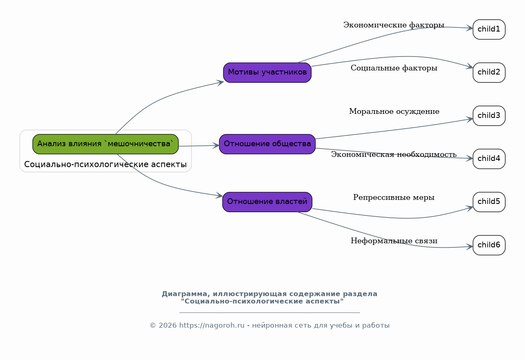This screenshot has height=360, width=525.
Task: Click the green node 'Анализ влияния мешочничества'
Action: pyautogui.click(x=106, y=144)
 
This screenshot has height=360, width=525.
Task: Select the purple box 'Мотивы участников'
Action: pyautogui.click(x=267, y=72)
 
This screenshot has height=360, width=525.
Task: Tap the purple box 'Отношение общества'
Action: pyautogui.click(x=267, y=144)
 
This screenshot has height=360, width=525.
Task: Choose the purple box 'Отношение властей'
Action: pyautogui.click(x=267, y=202)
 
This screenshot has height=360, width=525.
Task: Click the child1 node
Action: pyautogui.click(x=489, y=29)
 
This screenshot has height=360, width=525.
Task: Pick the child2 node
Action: pyautogui.click(x=489, y=72)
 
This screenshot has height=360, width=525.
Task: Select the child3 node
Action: pyautogui.click(x=489, y=115)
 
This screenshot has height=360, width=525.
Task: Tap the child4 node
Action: pyautogui.click(x=489, y=159)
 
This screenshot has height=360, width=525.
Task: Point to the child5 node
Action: pyautogui.click(x=489, y=202)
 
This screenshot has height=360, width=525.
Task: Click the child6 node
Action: pyautogui.click(x=489, y=245)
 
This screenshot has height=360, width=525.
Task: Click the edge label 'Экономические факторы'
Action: pyautogui.click(x=394, y=25)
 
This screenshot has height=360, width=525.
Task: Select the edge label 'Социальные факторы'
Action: pyautogui.click(x=394, y=68)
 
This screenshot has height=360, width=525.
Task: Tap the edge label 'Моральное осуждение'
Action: pyautogui.click(x=394, y=111)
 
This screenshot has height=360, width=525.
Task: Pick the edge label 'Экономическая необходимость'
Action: pyautogui.click(x=394, y=154)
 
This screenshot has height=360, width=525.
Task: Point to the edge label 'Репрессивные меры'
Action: pyautogui.click(x=394, y=197)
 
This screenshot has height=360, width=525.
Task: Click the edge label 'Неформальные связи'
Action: pyautogui.click(x=394, y=241)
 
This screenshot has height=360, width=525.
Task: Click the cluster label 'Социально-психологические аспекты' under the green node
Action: pyautogui.click(x=106, y=164)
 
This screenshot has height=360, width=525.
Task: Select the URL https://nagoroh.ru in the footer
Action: pyautogui.click(x=212, y=326)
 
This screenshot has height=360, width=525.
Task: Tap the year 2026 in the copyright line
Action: pyautogui.click(x=168, y=326)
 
